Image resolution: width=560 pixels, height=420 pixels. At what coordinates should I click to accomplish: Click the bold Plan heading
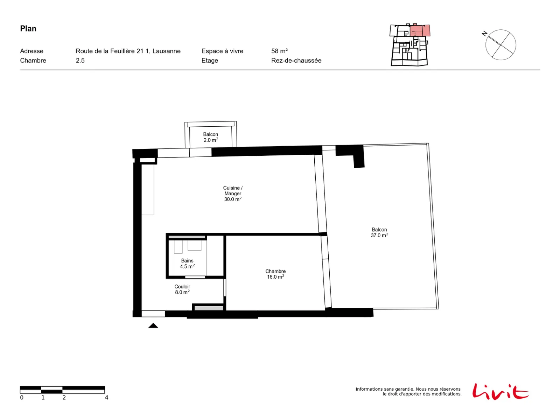[x=28, y=29]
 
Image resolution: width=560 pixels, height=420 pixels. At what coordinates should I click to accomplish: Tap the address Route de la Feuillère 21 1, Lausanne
[x=128, y=51]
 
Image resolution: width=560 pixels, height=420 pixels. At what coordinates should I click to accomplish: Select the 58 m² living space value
[x=279, y=51]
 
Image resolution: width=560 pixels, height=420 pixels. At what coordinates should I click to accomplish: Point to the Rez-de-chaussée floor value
[x=296, y=61]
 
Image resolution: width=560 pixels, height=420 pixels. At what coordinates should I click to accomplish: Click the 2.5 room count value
[x=80, y=61]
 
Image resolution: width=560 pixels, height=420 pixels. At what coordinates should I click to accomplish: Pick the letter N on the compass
[x=484, y=33]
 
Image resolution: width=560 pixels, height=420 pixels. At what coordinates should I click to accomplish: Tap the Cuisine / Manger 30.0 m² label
[x=232, y=193]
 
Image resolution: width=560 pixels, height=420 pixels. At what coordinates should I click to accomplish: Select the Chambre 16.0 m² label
[x=275, y=274]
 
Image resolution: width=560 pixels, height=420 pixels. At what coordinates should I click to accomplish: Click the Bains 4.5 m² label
[x=187, y=264]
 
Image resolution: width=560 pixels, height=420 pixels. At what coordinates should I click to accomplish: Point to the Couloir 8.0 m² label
[x=182, y=289]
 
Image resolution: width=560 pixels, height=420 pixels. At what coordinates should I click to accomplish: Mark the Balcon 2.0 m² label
[x=210, y=137]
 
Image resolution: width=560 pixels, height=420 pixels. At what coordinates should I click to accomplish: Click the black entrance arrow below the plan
[x=153, y=325]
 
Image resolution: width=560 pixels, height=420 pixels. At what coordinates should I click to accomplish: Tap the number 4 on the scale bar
[x=106, y=397]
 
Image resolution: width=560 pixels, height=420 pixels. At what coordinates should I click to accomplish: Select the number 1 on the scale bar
[x=43, y=397]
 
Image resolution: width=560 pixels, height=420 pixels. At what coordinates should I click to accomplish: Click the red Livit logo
[x=500, y=391]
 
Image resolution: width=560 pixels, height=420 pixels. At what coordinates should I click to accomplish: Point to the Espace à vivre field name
[x=222, y=51]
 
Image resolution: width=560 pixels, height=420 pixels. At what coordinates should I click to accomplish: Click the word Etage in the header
[x=209, y=61]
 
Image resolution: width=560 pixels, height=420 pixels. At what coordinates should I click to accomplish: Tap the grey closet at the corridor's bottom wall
[x=209, y=308]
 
